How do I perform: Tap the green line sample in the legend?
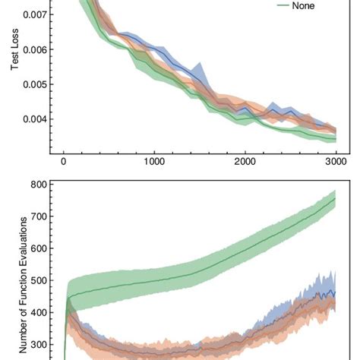[x=276, y=5]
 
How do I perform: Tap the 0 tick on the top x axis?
[x=64, y=162]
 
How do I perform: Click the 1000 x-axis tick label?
[x=154, y=162]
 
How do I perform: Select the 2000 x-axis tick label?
[x=245, y=162]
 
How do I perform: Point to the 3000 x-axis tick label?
[x=336, y=162]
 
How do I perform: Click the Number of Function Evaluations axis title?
[x=23, y=281]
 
